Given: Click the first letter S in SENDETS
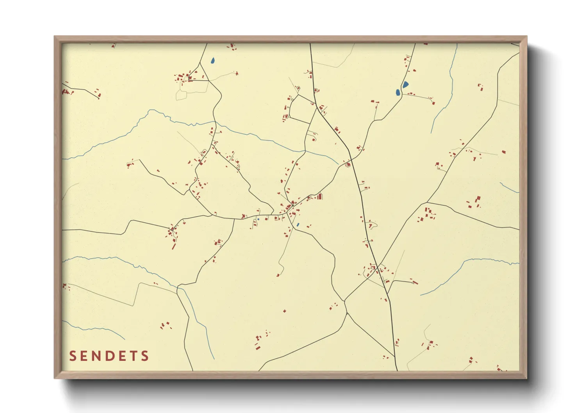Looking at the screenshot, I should click(73, 356).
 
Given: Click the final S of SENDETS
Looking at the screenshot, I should click(145, 356).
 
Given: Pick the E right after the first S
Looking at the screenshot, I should click(84, 356).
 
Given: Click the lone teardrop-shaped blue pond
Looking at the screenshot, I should click(212, 61).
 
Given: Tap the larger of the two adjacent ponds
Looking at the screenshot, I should click(405, 84).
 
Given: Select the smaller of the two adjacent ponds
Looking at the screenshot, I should click(398, 93).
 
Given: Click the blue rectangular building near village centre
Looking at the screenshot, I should click(298, 224).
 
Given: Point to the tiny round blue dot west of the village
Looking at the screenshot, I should click(258, 219).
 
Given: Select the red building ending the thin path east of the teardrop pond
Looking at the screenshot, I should click(237, 73).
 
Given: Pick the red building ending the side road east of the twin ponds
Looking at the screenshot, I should click(433, 103).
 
